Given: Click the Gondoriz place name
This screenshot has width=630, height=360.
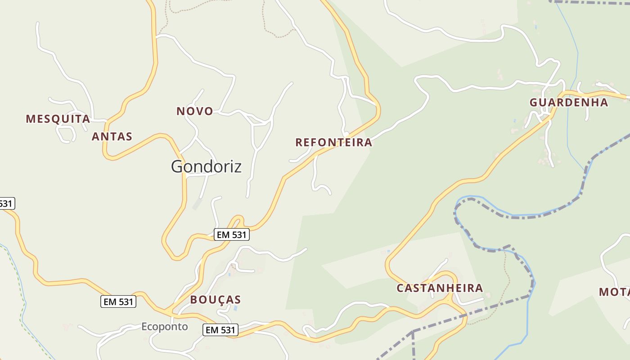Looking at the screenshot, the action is pyautogui.click(x=206, y=166).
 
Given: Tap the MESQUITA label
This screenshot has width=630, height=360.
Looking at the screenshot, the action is pyautogui.click(x=58, y=119).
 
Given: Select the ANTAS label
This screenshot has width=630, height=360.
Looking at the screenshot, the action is pyautogui.click(x=112, y=136).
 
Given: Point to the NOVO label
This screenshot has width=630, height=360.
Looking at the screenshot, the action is pyautogui.click(x=194, y=111).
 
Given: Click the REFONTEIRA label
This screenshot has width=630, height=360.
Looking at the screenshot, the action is pyautogui.click(x=333, y=143).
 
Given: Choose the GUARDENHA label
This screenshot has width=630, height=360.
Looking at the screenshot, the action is pyautogui.click(x=568, y=103).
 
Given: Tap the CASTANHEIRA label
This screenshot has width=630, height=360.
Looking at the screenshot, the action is pyautogui.click(x=440, y=288).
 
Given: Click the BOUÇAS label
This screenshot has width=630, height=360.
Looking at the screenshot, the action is pyautogui.click(x=215, y=300).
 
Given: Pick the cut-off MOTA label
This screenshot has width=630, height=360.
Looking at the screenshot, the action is pyautogui.click(x=615, y=292).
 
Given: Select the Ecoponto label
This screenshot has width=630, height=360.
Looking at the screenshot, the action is pyautogui.click(x=164, y=327).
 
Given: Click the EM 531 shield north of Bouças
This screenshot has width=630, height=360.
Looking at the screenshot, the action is pyautogui.click(x=231, y=234).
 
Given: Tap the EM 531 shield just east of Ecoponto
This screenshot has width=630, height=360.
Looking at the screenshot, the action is pyautogui.click(x=220, y=330).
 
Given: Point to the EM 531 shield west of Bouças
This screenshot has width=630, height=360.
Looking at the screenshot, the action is pyautogui.click(x=118, y=301).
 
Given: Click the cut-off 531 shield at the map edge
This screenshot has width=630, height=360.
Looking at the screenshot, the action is pyautogui.click(x=6, y=203).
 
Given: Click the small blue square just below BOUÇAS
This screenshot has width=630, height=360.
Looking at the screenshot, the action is pyautogui.click(x=235, y=308).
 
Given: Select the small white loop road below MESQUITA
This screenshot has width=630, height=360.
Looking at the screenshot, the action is pyautogui.click(x=66, y=134).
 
